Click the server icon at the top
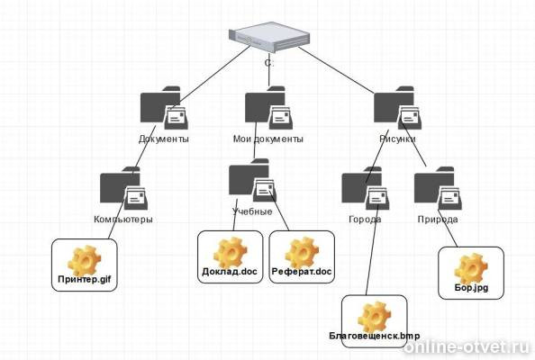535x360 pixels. [x=269, y=37]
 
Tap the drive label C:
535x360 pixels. [x=269, y=63]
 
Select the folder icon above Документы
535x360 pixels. [x=164, y=108]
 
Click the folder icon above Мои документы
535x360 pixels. [x=269, y=108]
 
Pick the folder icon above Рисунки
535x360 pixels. [x=397, y=108]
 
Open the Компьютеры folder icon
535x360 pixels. [x=124, y=188]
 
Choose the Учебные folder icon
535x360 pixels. [x=252, y=180]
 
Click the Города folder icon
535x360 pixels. [x=366, y=188]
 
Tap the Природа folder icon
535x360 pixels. [x=438, y=188]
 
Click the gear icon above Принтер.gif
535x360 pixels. [x=85, y=260]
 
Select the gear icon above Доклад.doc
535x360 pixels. [x=231, y=253]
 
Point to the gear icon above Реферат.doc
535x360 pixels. [x=302, y=253]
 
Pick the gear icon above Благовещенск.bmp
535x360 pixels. [x=375, y=317]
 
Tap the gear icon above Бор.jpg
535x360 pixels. [x=471, y=268]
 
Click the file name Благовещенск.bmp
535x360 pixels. [x=375, y=336]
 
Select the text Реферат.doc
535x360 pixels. [x=302, y=272]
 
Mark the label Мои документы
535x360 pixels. [x=268, y=139]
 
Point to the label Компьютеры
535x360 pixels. [x=123, y=220]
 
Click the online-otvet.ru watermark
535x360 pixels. [x=467, y=347]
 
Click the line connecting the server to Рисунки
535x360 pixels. [x=336, y=70]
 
